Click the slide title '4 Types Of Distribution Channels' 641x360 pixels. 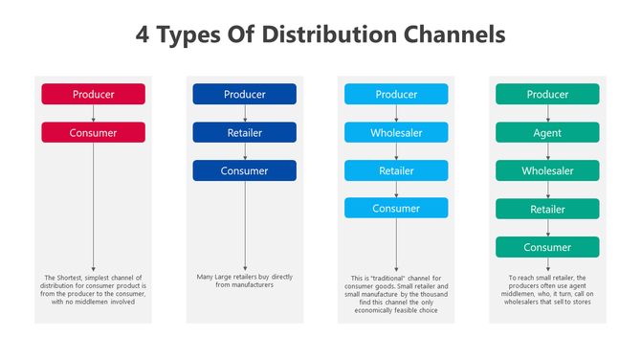coord(320,36)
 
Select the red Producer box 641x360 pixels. coord(93,94)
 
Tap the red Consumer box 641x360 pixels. coord(93,132)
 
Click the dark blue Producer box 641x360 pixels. coord(244,94)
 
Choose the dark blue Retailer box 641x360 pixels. coord(244,132)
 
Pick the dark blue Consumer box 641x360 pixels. coord(244,170)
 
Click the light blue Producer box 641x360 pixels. coord(396,94)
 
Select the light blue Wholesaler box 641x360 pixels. coord(396,132)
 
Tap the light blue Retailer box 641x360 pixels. coord(396,170)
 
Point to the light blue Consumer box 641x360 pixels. coord(396,208)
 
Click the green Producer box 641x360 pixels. coord(547,94)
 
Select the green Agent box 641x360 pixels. coord(547,132)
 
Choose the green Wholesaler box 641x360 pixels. coord(547,170)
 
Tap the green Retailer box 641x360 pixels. coord(547,209)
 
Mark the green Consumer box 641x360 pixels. coord(547,247)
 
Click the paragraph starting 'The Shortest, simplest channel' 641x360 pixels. coord(93,290)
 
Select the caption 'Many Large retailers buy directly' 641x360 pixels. coord(244,281)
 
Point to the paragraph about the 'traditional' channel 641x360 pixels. coord(396,294)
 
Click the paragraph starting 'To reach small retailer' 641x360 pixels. coord(547,290)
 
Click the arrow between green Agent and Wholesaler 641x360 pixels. coord(547,151)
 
